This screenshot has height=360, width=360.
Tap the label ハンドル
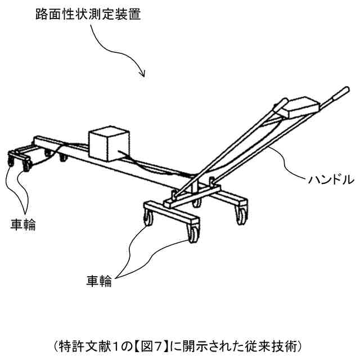(x=330, y=181)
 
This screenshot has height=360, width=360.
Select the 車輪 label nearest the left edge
(x=23, y=224)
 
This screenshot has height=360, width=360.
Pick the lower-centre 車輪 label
(x=99, y=281)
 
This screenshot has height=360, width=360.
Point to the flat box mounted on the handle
(x=301, y=107)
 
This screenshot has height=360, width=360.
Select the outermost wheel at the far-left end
(x=12, y=164)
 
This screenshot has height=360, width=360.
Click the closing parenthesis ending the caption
(x=306, y=344)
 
